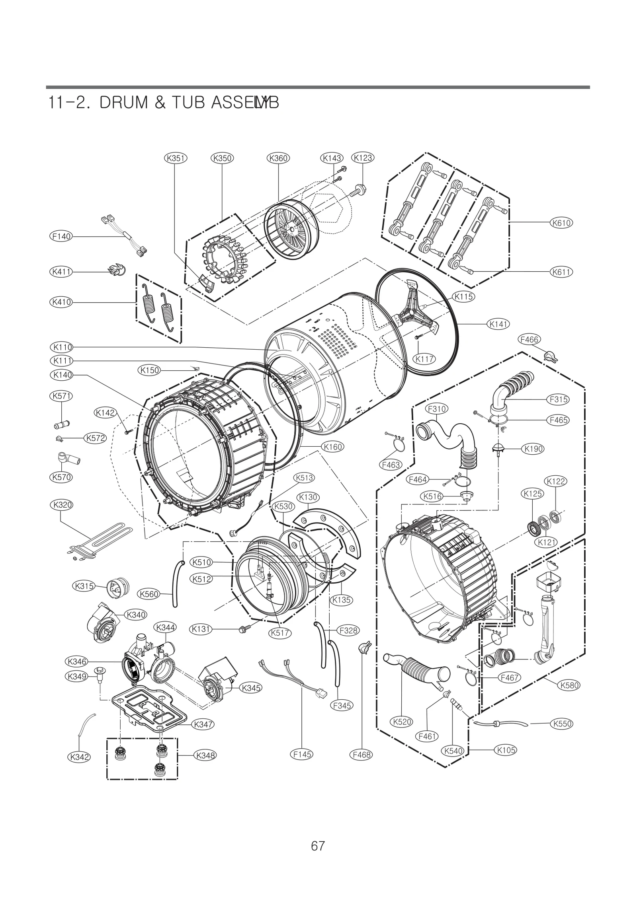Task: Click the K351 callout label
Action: click(176, 158)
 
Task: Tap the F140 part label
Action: click(61, 236)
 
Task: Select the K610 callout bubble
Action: click(561, 223)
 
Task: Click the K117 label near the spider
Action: click(424, 359)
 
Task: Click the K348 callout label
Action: click(205, 755)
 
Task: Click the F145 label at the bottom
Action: click(302, 754)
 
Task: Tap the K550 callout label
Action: click(561, 724)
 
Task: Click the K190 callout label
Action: click(533, 449)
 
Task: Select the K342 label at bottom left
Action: click(79, 757)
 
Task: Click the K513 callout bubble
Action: click(304, 478)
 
